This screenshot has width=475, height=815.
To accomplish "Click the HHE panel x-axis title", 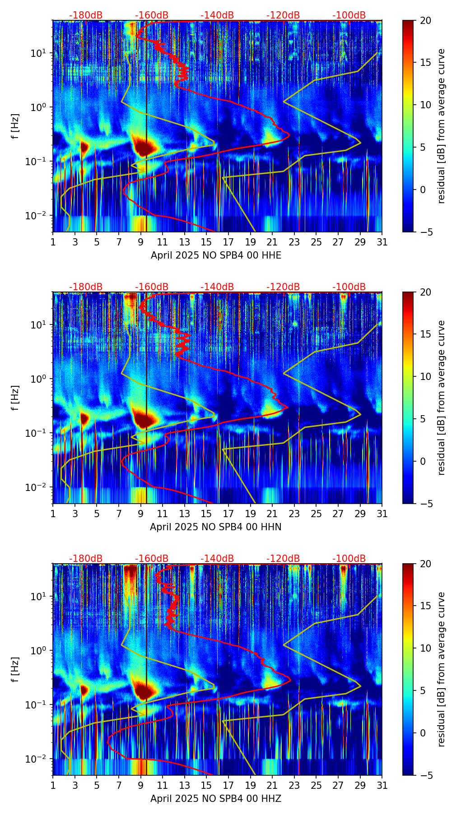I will point(216,255).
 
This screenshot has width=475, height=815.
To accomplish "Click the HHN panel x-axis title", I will point(216,527).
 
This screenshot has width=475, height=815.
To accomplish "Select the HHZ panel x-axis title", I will point(216,799).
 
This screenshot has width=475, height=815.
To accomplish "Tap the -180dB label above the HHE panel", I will point(86,15).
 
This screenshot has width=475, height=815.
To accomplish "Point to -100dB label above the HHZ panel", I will point(349,559).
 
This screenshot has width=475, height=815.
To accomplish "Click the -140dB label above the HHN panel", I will point(217,287).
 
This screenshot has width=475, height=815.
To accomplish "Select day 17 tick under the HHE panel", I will point(228,242).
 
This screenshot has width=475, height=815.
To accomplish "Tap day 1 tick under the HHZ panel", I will point(53,785).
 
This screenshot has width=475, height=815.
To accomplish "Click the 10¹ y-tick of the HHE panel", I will point(39,53).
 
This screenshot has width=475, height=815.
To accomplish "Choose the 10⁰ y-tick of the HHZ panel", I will point(39,651).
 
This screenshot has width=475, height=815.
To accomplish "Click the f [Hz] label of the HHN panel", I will point(15,398).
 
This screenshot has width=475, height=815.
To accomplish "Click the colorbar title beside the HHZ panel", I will point(442,669).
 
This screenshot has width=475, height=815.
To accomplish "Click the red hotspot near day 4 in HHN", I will point(84,418).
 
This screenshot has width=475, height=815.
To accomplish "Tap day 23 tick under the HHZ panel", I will point(294,785).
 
